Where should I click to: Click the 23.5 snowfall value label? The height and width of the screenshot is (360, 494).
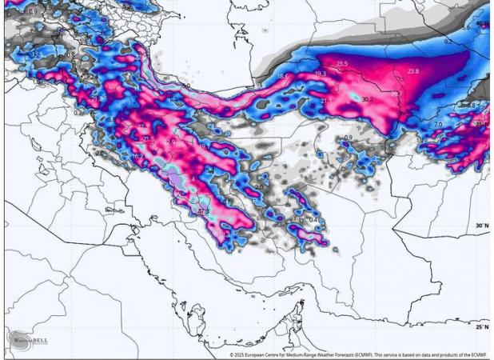(341, 64)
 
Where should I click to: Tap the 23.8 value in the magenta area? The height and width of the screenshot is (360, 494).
(412, 71)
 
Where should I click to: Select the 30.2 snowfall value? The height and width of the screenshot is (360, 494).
(367, 99)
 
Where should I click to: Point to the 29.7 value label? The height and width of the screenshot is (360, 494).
(396, 94)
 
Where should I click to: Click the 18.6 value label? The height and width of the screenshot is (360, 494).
(282, 76)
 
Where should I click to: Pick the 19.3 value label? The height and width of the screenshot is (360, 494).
(321, 74)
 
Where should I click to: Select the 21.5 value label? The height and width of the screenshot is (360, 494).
(148, 139)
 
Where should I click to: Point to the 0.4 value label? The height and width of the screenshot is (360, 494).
(313, 220)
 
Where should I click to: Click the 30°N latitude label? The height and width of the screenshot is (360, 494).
(481, 226)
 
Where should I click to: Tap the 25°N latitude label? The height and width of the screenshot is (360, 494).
(481, 327)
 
